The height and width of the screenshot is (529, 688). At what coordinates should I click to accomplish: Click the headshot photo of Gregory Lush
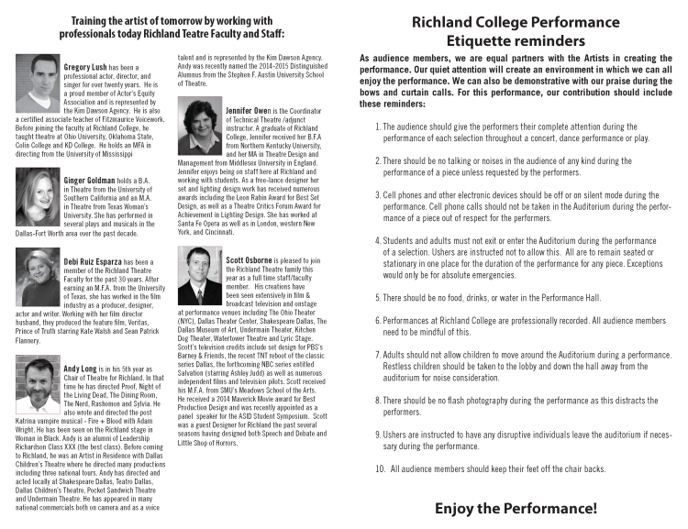(38, 84)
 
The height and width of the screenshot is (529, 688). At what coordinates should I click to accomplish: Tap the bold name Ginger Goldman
(90, 181)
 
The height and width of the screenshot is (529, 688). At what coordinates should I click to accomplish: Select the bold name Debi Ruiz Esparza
(96, 262)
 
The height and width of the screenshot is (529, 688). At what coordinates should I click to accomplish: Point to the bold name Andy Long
(81, 368)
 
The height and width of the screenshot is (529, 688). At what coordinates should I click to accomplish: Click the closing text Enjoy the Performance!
(515, 507)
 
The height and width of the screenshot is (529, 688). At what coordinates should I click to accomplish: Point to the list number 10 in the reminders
(381, 469)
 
